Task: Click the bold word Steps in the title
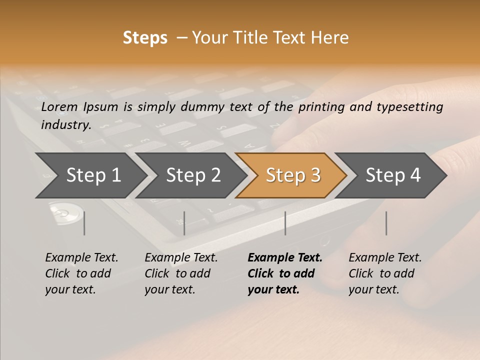pyautogui.click(x=145, y=38)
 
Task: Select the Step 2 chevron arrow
pyautogui.click(x=192, y=175)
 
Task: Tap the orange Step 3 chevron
pyautogui.click(x=292, y=175)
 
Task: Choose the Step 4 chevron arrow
pyautogui.click(x=392, y=175)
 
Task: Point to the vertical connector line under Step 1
pyautogui.click(x=84, y=223)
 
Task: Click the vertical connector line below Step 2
pyautogui.click(x=184, y=223)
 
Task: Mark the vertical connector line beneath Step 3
pyautogui.click(x=285, y=223)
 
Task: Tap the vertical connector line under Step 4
pyautogui.click(x=386, y=223)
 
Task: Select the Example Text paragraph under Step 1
pyautogui.click(x=81, y=273)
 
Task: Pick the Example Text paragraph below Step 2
pyautogui.click(x=181, y=273)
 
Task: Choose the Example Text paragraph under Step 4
pyautogui.click(x=384, y=273)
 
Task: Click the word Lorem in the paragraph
pyautogui.click(x=59, y=107)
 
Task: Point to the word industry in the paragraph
pyautogui.click(x=65, y=125)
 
